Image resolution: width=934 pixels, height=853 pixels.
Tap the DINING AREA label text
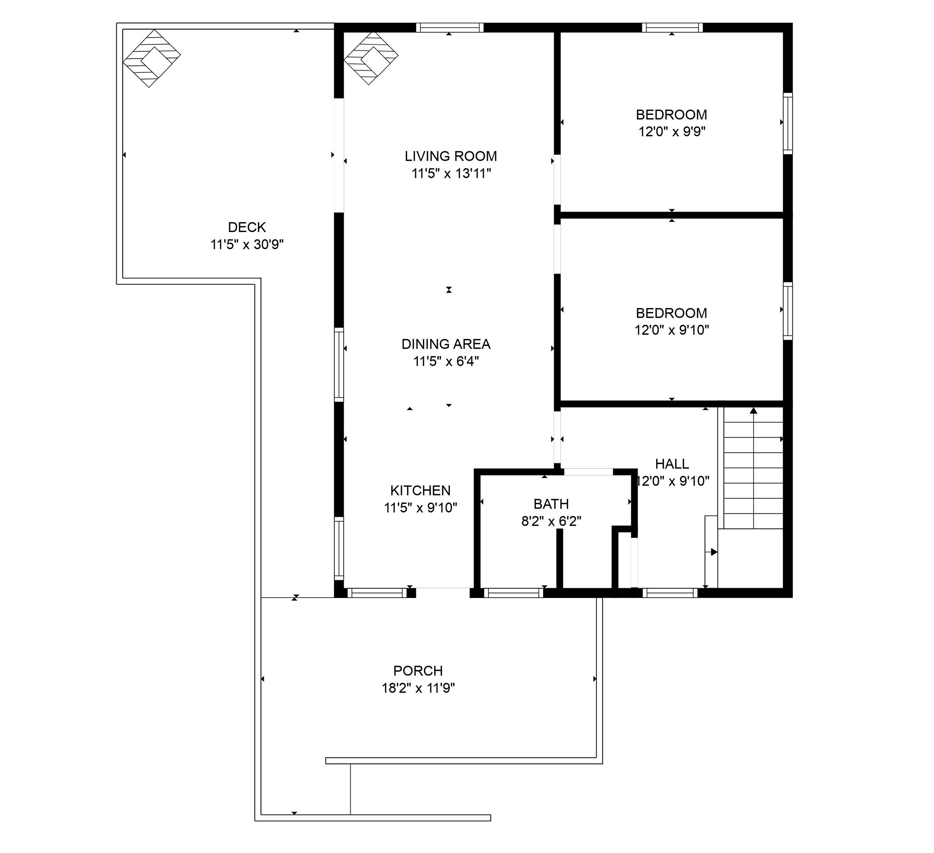coord(446,344)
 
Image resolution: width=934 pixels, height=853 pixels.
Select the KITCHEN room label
coord(420,490)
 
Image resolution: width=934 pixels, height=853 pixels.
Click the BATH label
coord(551,504)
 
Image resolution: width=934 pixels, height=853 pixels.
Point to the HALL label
coord(672,464)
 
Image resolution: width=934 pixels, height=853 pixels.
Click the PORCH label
coord(418,670)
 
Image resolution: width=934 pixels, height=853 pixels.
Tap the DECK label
coord(247,227)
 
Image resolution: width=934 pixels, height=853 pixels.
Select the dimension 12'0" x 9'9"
coord(672,132)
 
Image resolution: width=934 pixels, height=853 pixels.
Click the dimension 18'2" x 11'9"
coord(418,688)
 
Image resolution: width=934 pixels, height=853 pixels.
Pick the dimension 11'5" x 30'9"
coord(247,244)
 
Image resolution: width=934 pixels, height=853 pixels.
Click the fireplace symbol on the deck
coord(152,58)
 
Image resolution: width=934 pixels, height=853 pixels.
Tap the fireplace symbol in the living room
coord(371,58)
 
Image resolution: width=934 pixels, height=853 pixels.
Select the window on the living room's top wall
coord(449,28)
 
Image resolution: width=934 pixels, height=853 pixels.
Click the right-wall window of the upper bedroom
coord(788,123)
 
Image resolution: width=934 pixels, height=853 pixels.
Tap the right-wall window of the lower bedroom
coord(788,311)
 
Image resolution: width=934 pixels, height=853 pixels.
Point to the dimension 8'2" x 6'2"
coord(551,522)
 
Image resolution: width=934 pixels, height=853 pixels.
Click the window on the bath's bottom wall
coord(513,593)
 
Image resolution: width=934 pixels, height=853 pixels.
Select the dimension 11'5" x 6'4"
coord(446,361)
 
